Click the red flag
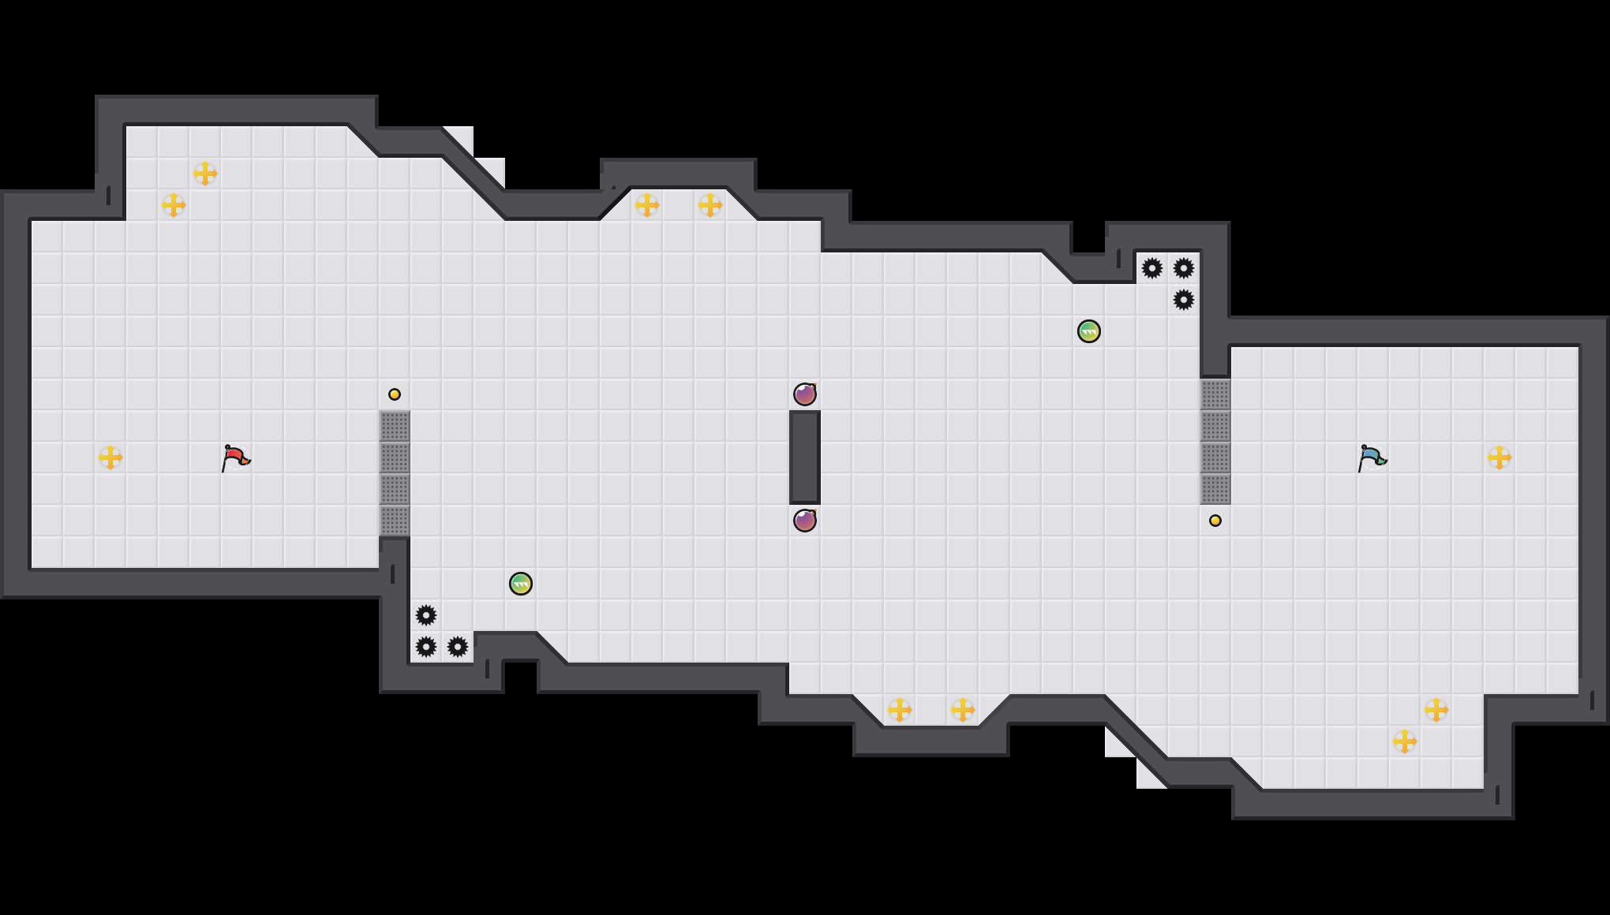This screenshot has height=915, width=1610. click(235, 458)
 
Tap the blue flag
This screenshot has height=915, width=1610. click(1372, 458)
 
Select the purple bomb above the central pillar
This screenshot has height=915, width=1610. click(805, 394)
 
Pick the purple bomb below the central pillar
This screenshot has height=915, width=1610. click(805, 521)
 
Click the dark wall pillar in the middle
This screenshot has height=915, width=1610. click(805, 458)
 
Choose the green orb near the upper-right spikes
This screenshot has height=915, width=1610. click(1089, 331)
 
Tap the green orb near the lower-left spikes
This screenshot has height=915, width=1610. click(521, 584)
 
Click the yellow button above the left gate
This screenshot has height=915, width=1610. click(395, 394)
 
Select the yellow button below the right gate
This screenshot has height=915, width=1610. click(1215, 521)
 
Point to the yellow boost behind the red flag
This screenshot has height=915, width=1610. click(110, 458)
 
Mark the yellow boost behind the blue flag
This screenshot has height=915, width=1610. click(1500, 458)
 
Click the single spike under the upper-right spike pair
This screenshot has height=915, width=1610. click(1184, 300)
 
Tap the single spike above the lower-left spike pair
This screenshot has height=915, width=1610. click(426, 615)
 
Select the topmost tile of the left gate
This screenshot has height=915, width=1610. click(395, 426)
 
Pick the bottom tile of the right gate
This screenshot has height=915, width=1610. click(1215, 489)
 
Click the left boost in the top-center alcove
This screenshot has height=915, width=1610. click(647, 205)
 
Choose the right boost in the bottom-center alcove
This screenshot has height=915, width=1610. click(963, 710)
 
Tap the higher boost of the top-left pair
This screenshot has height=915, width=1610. click(205, 174)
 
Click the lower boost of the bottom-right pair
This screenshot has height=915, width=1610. click(1405, 741)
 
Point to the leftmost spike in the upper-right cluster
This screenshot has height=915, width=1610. click(1152, 268)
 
